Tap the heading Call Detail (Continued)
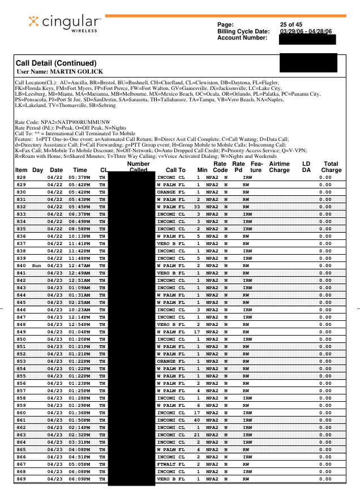[x=56, y=63]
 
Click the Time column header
[x=80, y=170]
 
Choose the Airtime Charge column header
[x=280, y=166]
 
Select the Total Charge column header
[x=331, y=166]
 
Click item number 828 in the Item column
[x=21, y=177]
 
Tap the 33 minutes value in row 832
[x=198, y=207]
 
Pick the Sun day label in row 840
[x=37, y=265]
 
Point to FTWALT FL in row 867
[x=170, y=464]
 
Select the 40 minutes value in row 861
[x=198, y=420]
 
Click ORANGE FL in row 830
[x=170, y=192]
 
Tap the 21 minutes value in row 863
[x=198, y=435]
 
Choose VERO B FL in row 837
[x=170, y=243]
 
